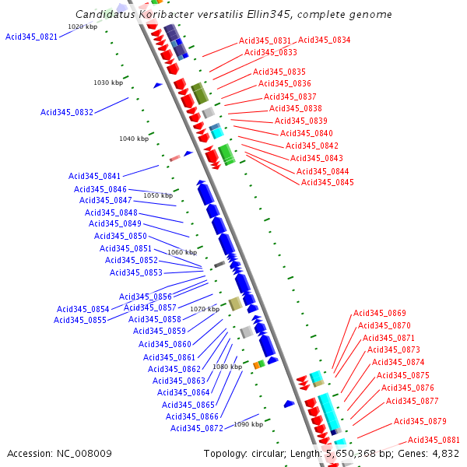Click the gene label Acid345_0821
click(x=31, y=37)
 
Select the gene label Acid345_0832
click(x=67, y=112)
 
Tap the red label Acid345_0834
click(x=324, y=40)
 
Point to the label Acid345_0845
click(x=328, y=183)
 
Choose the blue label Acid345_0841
click(x=95, y=176)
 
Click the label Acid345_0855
click(x=80, y=320)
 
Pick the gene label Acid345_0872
click(x=197, y=428)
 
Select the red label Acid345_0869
click(x=380, y=313)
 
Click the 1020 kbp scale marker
click(x=83, y=26)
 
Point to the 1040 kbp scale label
click(x=134, y=139)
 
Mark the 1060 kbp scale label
click(x=182, y=252)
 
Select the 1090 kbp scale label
click(x=248, y=424)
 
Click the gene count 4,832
click(x=444, y=453)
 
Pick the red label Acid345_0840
click(x=307, y=133)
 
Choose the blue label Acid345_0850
click(x=121, y=236)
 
